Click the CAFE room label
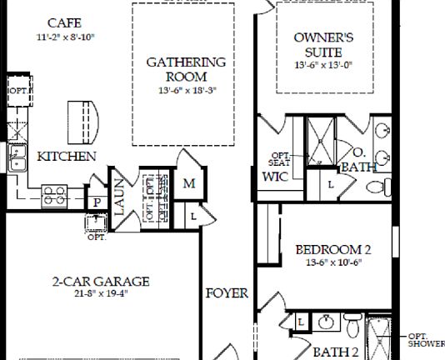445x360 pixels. pyautogui.click(x=64, y=22)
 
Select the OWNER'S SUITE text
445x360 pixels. pyautogui.click(x=324, y=45)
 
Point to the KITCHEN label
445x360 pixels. pyautogui.click(x=66, y=157)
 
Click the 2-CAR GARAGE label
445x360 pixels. pyautogui.click(x=99, y=282)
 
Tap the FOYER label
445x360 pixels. pyautogui.click(x=227, y=293)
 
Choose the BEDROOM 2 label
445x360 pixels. pyautogui.click(x=332, y=249)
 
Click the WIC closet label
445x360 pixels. pyautogui.click(x=274, y=177)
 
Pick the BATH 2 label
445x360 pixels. pyautogui.click(x=336, y=351)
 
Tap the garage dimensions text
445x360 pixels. pyautogui.click(x=99, y=293)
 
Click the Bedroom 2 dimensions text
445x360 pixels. pyautogui.click(x=332, y=261)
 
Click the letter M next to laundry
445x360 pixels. pyautogui.click(x=188, y=183)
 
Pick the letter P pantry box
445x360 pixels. pyautogui.click(x=97, y=202)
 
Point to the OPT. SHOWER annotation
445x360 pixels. pyautogui.click(x=425, y=340)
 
